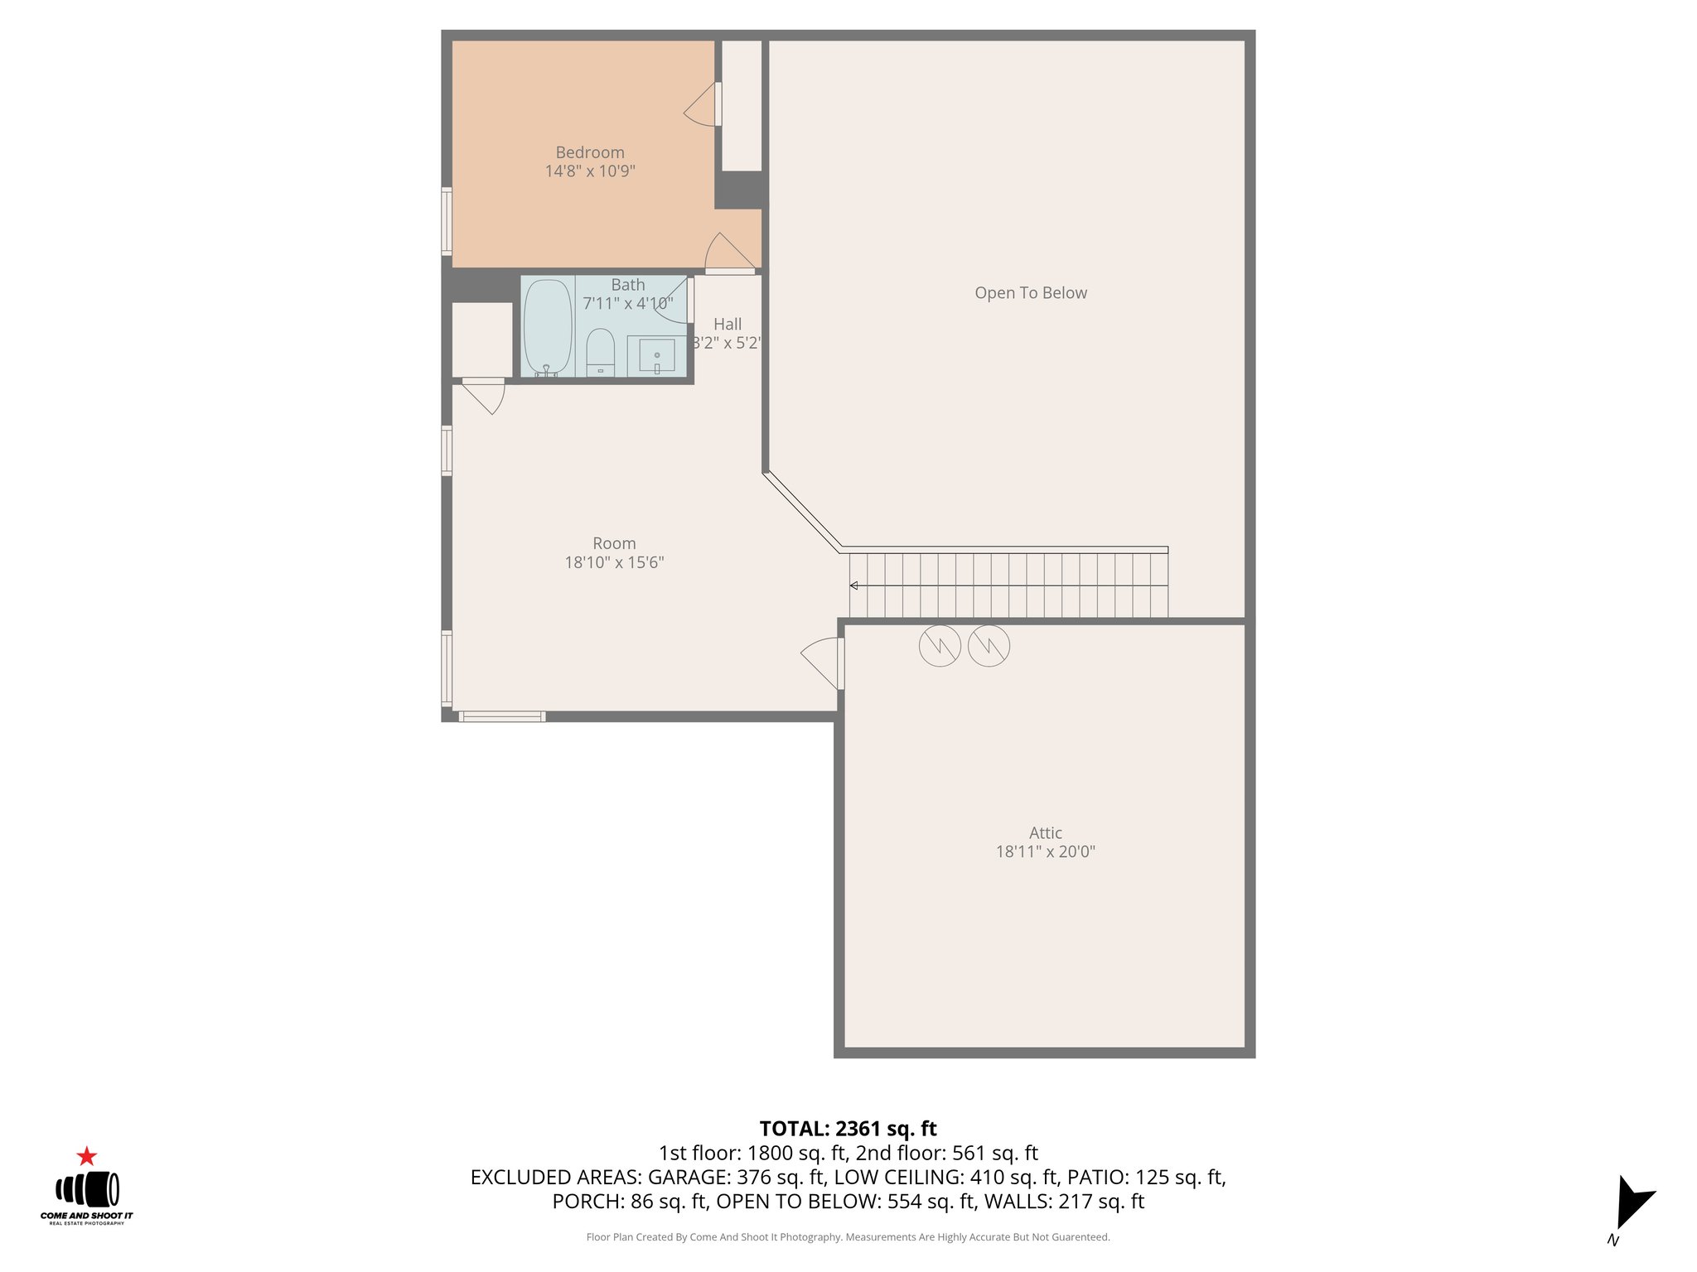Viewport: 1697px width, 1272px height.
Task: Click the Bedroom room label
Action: (589, 152)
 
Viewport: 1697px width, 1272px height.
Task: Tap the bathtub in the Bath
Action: (548, 328)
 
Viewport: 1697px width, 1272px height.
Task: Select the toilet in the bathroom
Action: (600, 351)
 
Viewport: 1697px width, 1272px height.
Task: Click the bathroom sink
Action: (656, 355)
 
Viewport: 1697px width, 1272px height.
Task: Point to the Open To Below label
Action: (1030, 293)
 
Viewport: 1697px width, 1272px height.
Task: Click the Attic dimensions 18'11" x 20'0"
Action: (1045, 851)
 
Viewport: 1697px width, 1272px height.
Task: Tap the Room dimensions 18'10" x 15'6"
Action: (614, 562)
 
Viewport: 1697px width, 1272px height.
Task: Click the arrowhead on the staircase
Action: (853, 585)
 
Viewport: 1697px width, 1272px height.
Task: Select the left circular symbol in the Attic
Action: (940, 645)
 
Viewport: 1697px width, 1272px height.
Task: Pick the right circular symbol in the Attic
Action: (989, 645)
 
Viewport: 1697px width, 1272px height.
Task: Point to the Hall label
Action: (728, 325)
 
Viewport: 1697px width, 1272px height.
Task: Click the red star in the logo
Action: (86, 1156)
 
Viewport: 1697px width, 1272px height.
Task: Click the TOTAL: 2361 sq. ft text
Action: (848, 1129)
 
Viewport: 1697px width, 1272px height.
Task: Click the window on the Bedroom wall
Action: (447, 220)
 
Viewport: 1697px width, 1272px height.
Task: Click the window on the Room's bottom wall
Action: (501, 716)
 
